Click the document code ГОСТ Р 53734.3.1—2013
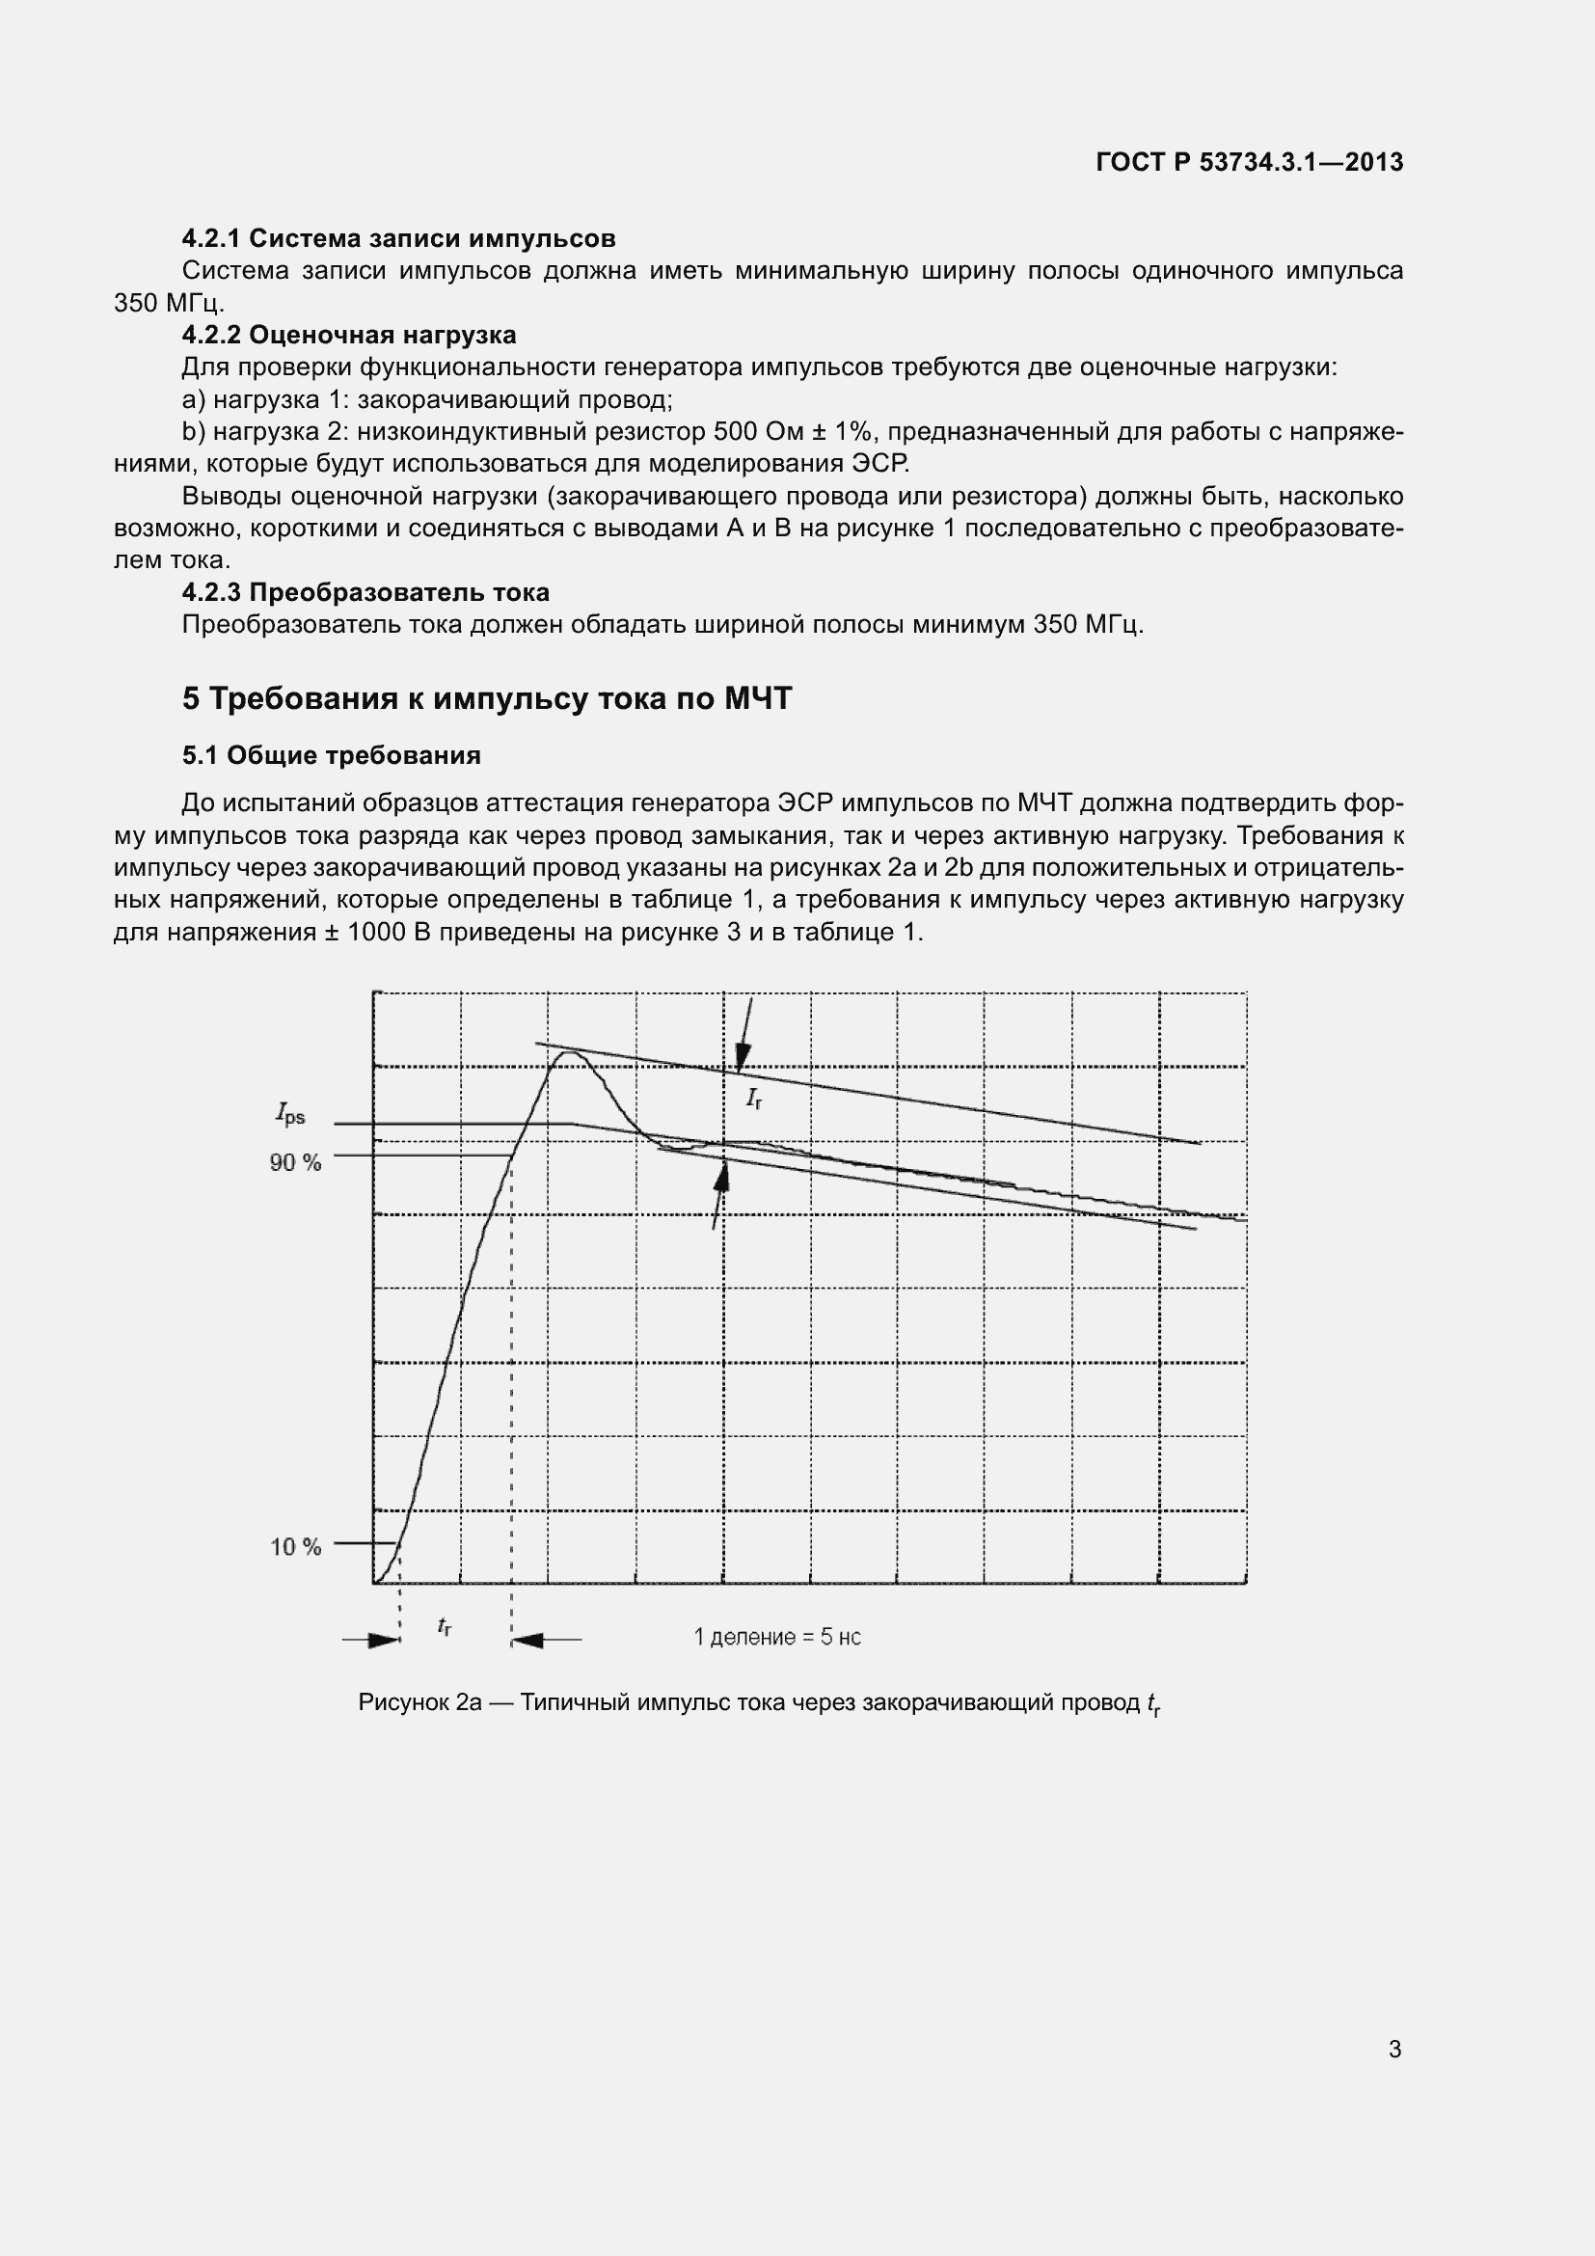tap(1248, 163)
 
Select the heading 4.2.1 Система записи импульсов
tap(399, 238)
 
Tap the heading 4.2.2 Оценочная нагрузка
tap(349, 335)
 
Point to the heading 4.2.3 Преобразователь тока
tap(365, 592)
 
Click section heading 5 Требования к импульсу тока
tap(486, 698)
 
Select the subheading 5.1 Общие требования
tap(331, 754)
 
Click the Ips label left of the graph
tap(289, 1114)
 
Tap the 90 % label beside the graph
tap(296, 1162)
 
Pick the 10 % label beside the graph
tap(296, 1546)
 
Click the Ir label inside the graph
tap(753, 1099)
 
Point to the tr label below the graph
tap(444, 1626)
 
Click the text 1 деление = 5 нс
tap(777, 1637)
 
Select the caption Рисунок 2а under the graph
tap(758, 1702)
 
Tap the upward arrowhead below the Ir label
tap(722, 1173)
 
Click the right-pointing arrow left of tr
tap(383, 1640)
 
